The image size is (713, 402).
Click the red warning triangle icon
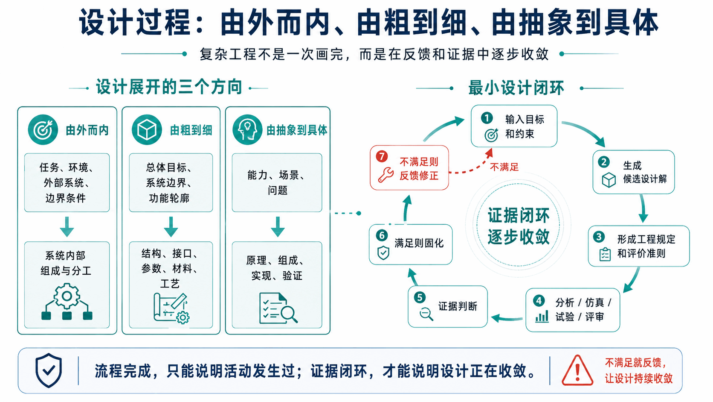click(577, 371)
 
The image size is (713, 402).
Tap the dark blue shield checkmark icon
click(49, 370)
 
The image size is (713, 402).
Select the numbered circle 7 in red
click(381, 156)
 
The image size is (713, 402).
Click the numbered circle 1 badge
click(487, 117)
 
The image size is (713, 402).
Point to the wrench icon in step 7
click(386, 175)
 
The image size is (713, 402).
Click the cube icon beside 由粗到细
click(147, 130)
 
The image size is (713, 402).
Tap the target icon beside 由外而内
click(43, 130)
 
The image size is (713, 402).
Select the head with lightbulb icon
click(247, 130)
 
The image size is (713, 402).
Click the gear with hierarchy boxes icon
click(67, 301)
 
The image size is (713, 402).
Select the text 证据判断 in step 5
click(458, 306)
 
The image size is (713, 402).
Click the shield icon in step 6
click(383, 253)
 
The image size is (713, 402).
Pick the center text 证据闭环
click(519, 215)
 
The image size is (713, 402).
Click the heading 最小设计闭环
click(516, 88)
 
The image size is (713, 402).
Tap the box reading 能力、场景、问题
click(277, 182)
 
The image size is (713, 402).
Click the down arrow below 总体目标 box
click(171, 227)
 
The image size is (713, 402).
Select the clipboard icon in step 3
click(605, 254)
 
